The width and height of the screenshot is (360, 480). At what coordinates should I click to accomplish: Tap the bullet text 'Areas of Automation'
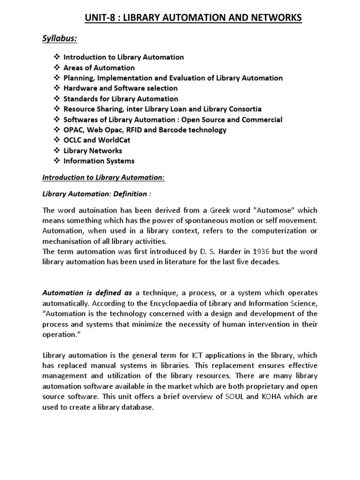coord(99,67)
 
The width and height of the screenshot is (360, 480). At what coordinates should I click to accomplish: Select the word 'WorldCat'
coord(119,140)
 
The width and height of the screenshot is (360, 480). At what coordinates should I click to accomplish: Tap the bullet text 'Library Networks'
coord(93,150)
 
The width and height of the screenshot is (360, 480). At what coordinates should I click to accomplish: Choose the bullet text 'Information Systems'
coord(99,161)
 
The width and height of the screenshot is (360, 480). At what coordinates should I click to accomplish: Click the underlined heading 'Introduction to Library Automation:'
coord(103,178)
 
